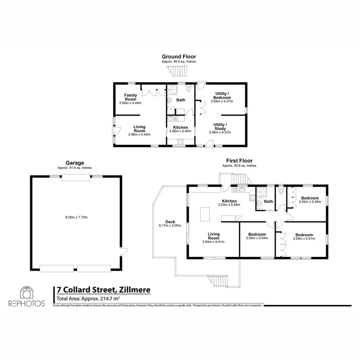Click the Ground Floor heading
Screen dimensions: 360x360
pyautogui.click(x=179, y=57)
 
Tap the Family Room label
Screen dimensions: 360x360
pyautogui.click(x=130, y=97)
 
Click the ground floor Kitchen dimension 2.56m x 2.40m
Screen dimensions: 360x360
pyautogui.click(x=181, y=131)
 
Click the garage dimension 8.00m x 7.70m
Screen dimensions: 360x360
pyautogui.click(x=76, y=217)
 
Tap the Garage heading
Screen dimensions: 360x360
pyautogui.click(x=75, y=163)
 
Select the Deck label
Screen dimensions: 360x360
pyautogui.click(x=170, y=222)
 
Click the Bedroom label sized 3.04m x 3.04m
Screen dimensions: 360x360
pyautogui.click(x=257, y=234)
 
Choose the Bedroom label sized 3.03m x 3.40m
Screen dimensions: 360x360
pyautogui.click(x=310, y=198)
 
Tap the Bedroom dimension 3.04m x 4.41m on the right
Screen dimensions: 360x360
pyautogui.click(x=304, y=239)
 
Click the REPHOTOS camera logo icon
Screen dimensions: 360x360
pyautogui.click(x=27, y=293)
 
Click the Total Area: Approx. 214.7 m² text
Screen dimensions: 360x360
pyautogui.click(x=88, y=298)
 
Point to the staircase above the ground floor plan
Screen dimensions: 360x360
pyautogui.click(x=178, y=72)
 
